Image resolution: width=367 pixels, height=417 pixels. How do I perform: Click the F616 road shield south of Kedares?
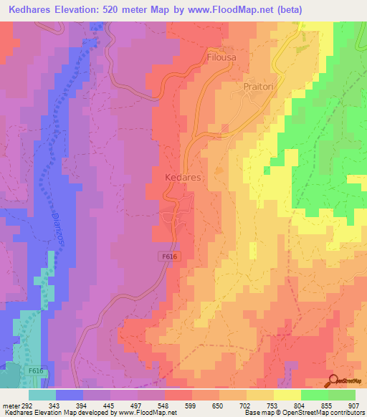(167, 255)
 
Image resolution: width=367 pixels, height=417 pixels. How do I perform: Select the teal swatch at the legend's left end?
(42, 395)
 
